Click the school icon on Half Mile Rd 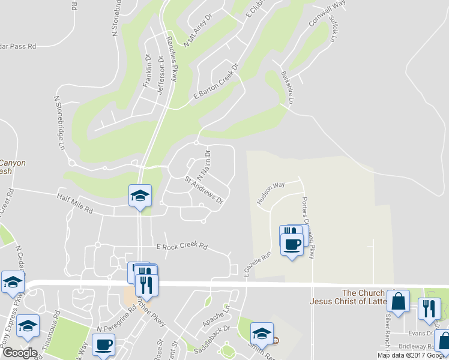pyautogui.click(x=140, y=195)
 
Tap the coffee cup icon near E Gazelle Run pyautogui.click(x=292, y=244)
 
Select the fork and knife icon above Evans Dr pyautogui.click(x=429, y=308)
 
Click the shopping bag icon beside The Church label pyautogui.click(x=398, y=301)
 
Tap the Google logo pyautogui.click(x=20, y=353)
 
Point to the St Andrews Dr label pyautogui.click(x=204, y=189)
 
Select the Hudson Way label pyautogui.click(x=271, y=193)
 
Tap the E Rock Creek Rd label pyautogui.click(x=181, y=247)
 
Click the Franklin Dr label pyautogui.click(x=148, y=71)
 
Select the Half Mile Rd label pyautogui.click(x=75, y=204)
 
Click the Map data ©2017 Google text pyautogui.click(x=412, y=355)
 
